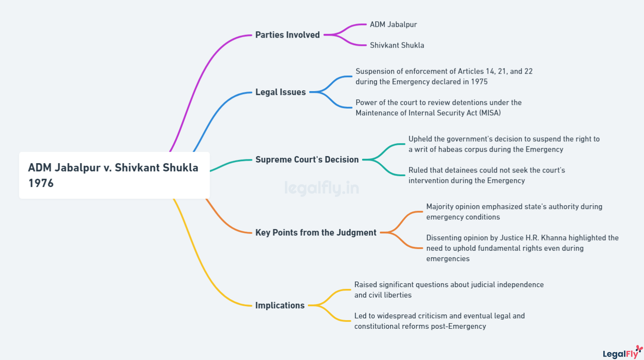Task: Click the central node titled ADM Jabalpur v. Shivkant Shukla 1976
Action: pyautogui.click(x=114, y=175)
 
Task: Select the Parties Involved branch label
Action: pyautogui.click(x=287, y=35)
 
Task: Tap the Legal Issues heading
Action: pyautogui.click(x=280, y=92)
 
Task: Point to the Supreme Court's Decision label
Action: pyautogui.click(x=307, y=160)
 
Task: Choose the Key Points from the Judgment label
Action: pyautogui.click(x=315, y=232)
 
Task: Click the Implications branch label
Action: pyautogui.click(x=280, y=305)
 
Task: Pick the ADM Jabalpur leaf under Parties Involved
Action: pyautogui.click(x=393, y=25)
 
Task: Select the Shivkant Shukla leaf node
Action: pyautogui.click(x=397, y=45)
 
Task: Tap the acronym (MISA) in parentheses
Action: pyautogui.click(x=490, y=113)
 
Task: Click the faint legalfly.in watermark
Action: pyautogui.click(x=321, y=188)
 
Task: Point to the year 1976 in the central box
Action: pyautogui.click(x=41, y=183)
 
